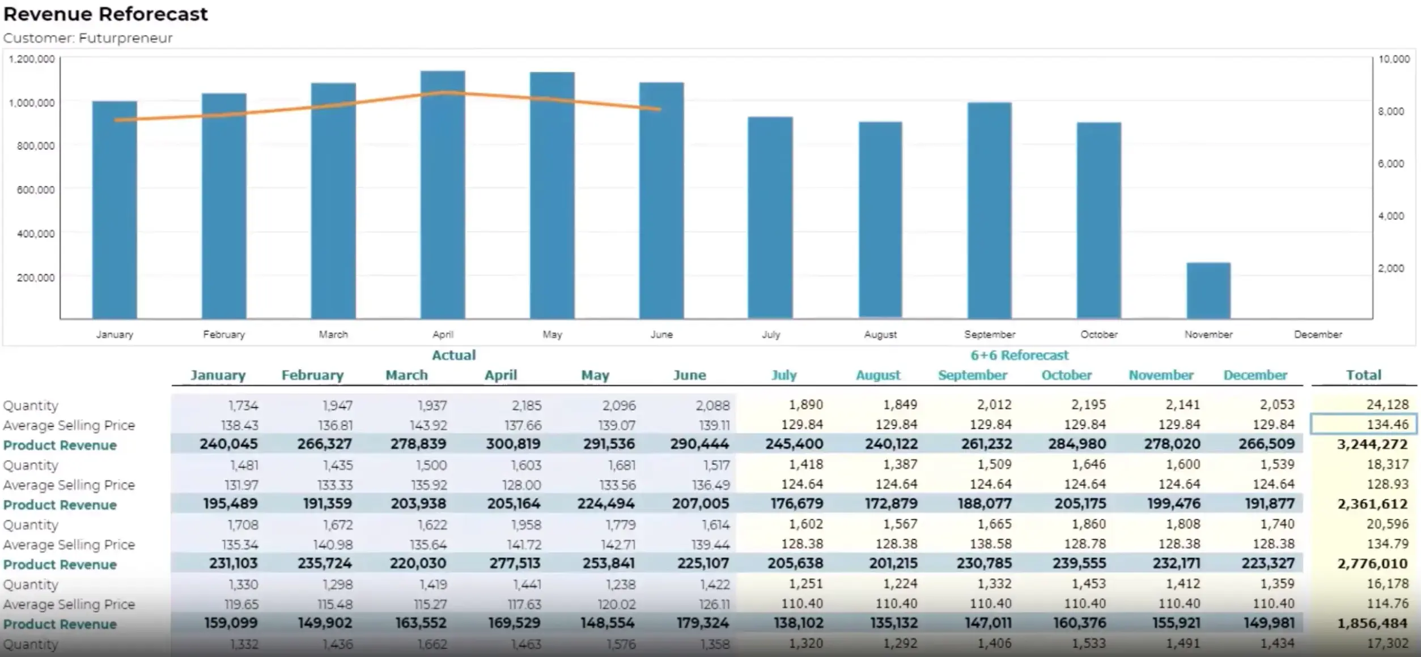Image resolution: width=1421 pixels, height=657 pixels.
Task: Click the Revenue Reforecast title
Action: point(105,14)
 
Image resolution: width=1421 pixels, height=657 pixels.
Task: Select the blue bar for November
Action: point(1208,290)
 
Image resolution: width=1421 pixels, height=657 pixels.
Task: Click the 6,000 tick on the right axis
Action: point(1391,164)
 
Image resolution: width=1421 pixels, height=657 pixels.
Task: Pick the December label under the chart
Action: point(1318,334)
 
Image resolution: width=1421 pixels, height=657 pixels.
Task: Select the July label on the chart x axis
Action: point(771,334)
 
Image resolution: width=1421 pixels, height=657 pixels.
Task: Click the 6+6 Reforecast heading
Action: point(1019,355)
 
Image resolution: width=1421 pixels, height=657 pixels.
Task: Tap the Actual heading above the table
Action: point(453,355)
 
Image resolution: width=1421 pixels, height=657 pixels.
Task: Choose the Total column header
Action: point(1363,375)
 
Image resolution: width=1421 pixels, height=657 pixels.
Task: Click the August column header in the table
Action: point(878,375)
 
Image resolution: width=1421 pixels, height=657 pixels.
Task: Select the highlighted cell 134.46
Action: point(1363,424)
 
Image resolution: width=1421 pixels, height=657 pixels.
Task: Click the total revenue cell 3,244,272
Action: point(1372,444)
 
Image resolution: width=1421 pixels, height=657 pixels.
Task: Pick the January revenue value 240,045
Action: point(228,444)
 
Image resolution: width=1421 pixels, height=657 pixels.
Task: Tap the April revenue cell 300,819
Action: point(513,444)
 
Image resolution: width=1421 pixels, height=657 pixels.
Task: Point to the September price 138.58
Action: point(990,544)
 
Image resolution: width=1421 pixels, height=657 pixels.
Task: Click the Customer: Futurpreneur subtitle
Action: point(88,38)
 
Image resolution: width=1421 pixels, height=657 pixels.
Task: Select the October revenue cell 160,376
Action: point(1079,623)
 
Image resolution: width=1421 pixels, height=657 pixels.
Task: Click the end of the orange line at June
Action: point(660,109)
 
